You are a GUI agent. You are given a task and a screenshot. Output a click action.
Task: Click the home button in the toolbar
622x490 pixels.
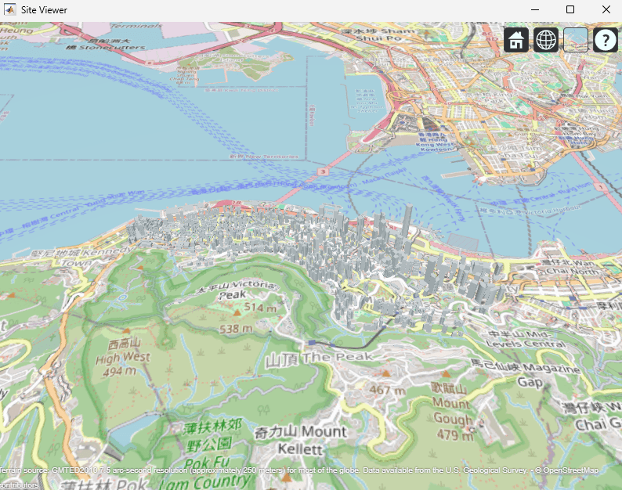tap(515, 40)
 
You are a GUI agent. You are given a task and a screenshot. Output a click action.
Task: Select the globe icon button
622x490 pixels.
tap(546, 40)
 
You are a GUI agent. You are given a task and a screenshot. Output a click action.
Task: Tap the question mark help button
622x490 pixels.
tap(606, 40)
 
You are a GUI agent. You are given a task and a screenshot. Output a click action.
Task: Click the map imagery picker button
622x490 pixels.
tap(576, 40)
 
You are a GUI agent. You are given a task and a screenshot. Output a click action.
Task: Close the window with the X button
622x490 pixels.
tap(606, 10)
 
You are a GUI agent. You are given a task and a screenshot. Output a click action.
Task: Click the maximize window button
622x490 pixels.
tap(570, 10)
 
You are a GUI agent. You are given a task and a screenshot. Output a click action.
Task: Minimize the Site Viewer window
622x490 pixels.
tap(535, 10)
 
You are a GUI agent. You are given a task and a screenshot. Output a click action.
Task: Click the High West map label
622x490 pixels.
tap(124, 358)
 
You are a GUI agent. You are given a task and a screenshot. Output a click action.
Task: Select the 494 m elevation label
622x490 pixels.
tap(124, 372)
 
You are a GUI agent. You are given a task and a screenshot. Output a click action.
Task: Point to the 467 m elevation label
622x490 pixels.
tap(389, 390)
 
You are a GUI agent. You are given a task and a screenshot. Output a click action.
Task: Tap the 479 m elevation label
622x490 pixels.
tap(454, 434)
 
